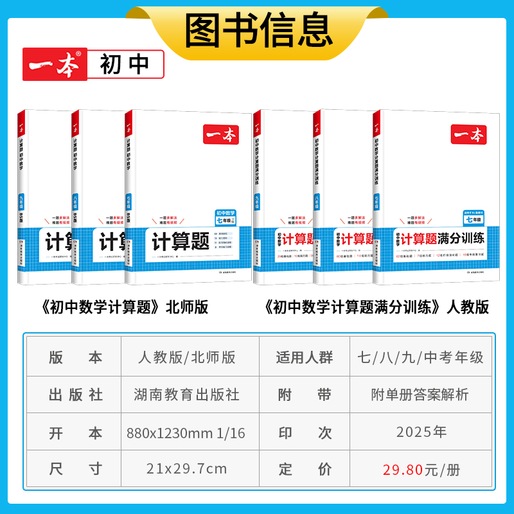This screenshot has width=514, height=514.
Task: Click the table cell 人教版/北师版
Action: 187,357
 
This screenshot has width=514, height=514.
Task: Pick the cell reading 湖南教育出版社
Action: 187,394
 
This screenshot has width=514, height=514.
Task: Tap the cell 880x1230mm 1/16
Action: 187,432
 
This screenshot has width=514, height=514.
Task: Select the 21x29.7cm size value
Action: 187,468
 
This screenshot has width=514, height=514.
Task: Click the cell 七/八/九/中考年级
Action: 421,357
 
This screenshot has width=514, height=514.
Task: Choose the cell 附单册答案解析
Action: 421,394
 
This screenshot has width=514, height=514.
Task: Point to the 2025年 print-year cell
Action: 421,432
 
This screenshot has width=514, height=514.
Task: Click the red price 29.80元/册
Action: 421,469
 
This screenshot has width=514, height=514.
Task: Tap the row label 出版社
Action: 76,394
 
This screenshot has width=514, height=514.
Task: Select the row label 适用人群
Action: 305,358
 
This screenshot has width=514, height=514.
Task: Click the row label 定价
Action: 305,469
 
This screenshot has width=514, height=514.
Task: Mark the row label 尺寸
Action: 76,469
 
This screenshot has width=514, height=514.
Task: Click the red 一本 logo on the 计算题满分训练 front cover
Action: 470,134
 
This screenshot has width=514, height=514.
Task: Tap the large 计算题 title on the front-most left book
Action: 181,242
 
